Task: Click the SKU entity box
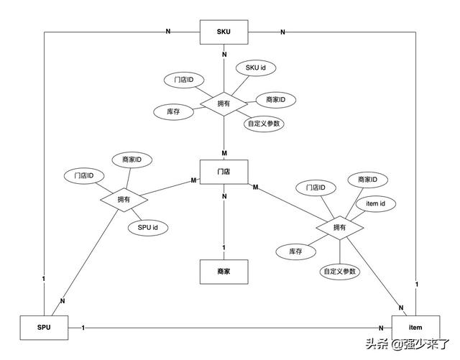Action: [x=224, y=32]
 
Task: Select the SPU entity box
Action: [x=44, y=328]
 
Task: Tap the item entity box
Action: [x=415, y=328]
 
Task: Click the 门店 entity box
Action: [x=224, y=172]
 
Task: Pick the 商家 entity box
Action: [x=224, y=272]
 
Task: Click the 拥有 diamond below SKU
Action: [x=224, y=104]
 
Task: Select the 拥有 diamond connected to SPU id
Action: [x=124, y=200]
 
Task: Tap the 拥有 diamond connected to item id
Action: [x=340, y=228]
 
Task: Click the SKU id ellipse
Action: [x=256, y=68]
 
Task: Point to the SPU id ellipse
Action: [x=148, y=228]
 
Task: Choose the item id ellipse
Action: [x=376, y=203]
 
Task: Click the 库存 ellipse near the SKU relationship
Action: [x=174, y=112]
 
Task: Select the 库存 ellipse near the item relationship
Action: [x=295, y=251]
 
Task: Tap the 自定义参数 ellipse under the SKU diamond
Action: [x=264, y=124]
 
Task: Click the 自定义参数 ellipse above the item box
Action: [x=340, y=272]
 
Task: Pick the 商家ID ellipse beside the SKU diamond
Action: [x=276, y=100]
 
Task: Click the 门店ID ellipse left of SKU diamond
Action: [x=184, y=80]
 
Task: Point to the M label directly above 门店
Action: [x=224, y=153]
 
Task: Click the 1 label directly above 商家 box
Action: [x=224, y=248]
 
